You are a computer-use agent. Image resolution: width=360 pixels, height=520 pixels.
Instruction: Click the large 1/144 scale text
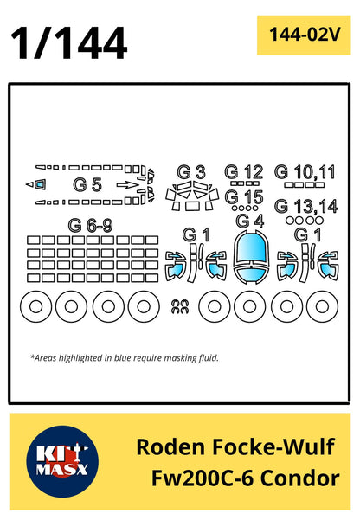coord(68,43)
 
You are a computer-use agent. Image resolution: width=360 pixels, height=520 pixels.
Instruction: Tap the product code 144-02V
coord(305,34)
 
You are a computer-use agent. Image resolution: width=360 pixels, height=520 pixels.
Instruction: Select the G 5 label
coord(87,184)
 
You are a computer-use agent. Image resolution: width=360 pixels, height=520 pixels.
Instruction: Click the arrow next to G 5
coord(128,184)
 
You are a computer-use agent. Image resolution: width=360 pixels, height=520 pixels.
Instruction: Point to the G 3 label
coord(191,172)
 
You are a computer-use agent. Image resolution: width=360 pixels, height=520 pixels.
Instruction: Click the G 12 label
coord(244,172)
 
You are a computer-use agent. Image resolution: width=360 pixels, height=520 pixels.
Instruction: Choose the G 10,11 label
coord(305,172)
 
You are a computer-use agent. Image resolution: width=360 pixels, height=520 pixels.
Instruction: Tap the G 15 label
coord(244,197)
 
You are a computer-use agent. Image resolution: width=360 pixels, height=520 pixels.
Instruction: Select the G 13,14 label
coord(306,206)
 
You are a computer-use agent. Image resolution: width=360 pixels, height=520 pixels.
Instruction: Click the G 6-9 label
coord(90,226)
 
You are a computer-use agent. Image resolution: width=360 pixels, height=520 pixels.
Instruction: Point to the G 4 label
coord(250,221)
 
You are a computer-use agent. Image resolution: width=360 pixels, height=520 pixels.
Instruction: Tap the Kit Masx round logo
coord(62,462)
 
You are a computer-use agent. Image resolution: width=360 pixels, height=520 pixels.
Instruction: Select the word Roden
coord(171,446)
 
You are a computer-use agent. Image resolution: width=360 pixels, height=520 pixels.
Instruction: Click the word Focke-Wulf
coord(273,446)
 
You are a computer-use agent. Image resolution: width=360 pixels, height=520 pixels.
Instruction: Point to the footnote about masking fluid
coord(125,358)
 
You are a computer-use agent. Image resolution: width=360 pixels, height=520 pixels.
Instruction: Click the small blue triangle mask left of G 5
coord(40,184)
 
